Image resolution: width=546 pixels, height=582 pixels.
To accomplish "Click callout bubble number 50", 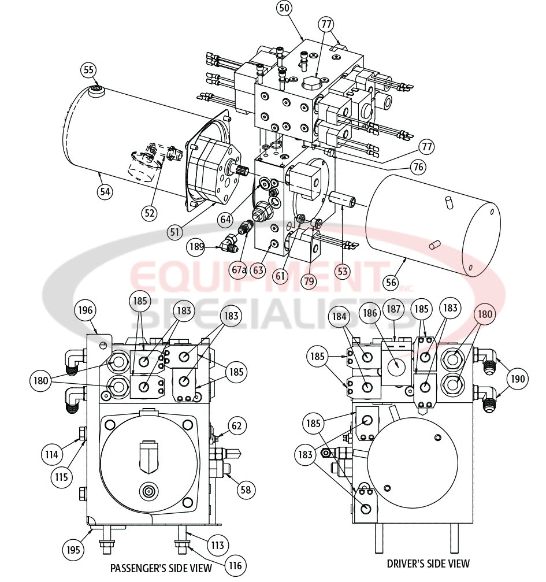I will (284, 8).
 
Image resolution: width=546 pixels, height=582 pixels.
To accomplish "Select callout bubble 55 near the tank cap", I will (88, 70).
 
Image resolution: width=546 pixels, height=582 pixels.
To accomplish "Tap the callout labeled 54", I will (104, 191).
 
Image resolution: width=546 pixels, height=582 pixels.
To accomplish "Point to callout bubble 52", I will (150, 213).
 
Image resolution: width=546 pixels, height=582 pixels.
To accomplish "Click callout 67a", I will (238, 270).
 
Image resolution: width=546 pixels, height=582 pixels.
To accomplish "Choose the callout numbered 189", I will (197, 247).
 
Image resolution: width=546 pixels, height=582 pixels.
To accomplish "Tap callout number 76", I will (418, 167).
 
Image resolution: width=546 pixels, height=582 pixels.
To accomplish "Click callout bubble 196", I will (85, 310).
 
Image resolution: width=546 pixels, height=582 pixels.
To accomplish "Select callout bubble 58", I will (246, 490).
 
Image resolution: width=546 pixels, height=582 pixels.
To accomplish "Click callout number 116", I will (235, 565).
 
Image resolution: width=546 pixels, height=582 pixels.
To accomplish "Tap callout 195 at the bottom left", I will (73, 549).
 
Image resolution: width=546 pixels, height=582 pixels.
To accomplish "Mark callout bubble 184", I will (340, 317).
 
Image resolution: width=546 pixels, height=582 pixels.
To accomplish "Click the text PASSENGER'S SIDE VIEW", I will (161, 568).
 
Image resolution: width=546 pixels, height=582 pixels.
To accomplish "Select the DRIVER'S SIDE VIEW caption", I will (428, 563).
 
